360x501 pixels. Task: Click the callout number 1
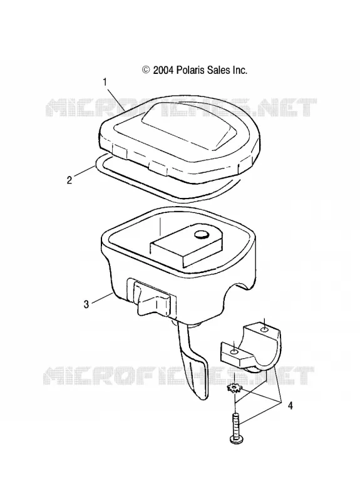(x=105, y=82)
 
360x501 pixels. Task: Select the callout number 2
(x=69, y=180)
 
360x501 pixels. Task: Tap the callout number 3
(x=86, y=304)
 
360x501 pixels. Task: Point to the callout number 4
(x=290, y=406)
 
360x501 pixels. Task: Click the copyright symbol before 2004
(x=146, y=70)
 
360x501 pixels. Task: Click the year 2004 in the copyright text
(x=163, y=70)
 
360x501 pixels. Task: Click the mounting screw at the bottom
(x=235, y=428)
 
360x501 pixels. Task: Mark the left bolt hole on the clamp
(x=234, y=351)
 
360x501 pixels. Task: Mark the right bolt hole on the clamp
(x=264, y=329)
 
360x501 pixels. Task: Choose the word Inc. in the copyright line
(x=240, y=70)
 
